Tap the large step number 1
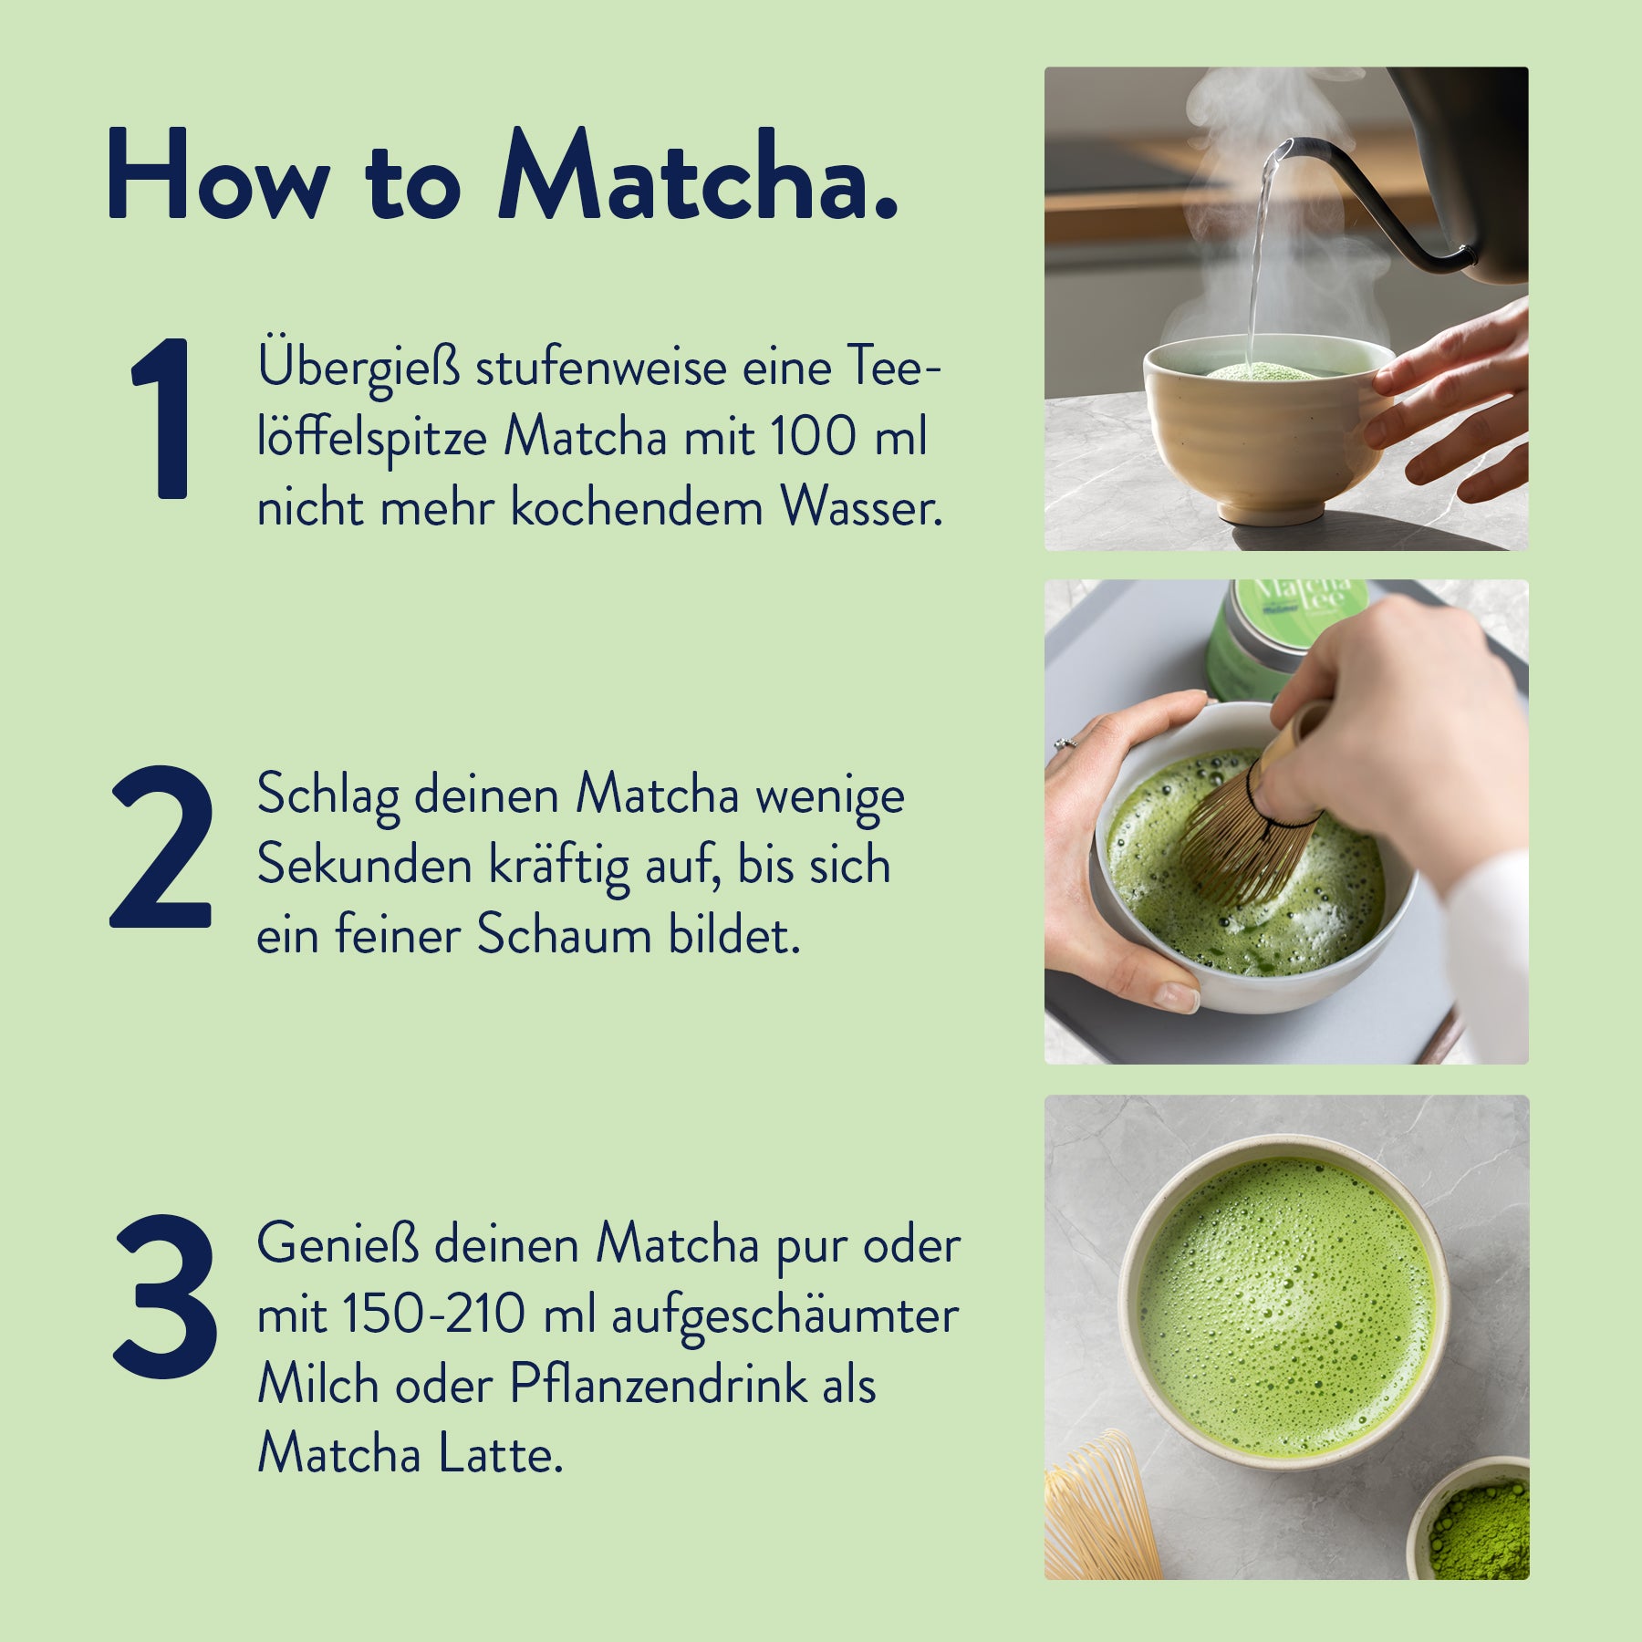click(x=162, y=418)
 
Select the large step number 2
click(x=162, y=847)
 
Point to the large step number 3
click(x=164, y=1295)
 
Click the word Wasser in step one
click(x=859, y=507)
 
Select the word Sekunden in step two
click(x=364, y=865)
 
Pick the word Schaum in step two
click(x=563, y=935)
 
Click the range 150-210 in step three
click(x=434, y=1315)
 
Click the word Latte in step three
click(x=500, y=1454)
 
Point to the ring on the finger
click(x=1064, y=743)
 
